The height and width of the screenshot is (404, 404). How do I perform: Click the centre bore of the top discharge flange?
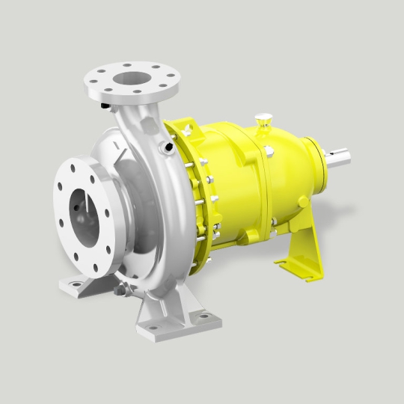[x=126, y=77]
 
